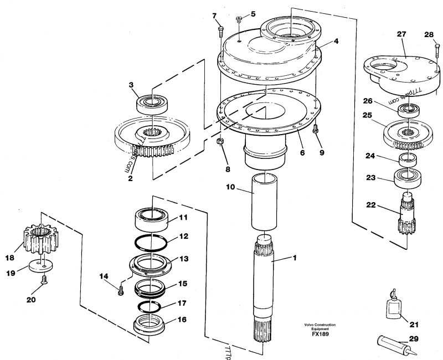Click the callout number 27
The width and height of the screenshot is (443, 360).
point(402,34)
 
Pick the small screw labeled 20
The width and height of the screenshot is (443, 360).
point(42,287)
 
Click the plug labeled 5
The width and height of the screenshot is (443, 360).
point(238,20)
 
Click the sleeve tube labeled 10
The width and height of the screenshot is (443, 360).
point(264,202)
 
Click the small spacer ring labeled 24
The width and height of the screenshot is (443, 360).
point(406,161)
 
